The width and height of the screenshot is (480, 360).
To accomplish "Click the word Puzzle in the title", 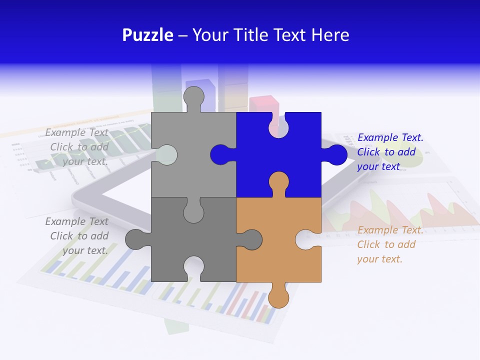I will pos(148,35).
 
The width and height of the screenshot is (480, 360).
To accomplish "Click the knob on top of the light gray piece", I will pos(193,98).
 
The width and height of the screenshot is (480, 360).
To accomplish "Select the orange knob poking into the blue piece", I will pos(278,182).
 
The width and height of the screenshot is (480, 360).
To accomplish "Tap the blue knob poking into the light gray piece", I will pos(220,154).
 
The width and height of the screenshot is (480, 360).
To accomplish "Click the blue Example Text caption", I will pos(390,152).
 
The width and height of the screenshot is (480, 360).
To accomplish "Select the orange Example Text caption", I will pos(390,244).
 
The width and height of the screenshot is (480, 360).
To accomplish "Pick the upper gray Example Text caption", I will pos(77,147).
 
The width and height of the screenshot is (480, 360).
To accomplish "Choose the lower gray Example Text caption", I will pos(77,236).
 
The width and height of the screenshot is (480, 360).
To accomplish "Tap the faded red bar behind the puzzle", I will pos(264,104).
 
